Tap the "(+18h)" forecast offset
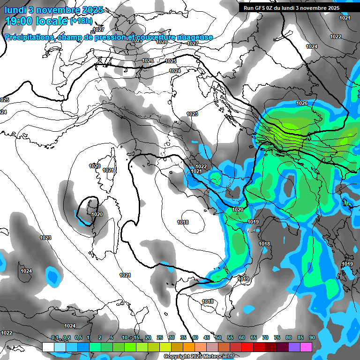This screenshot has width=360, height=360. [82, 21]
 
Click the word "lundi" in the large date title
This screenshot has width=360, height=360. [15, 9]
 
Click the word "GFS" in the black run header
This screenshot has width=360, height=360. [266, 7]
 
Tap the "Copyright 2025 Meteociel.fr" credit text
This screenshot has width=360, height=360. [198, 356]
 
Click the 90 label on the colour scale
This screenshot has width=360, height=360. [312, 337]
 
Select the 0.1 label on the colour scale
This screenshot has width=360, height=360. [55, 337]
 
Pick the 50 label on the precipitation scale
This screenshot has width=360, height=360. [218, 337]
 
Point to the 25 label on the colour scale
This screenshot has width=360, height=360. [160, 337]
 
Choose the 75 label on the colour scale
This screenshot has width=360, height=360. [277, 337]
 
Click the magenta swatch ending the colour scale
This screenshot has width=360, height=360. [306, 347]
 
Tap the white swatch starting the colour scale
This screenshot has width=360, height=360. [48, 347]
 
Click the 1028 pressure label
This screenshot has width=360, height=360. [162, 42]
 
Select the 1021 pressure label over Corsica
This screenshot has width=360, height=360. [108, 170]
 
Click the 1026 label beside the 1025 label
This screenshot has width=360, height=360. [148, 60]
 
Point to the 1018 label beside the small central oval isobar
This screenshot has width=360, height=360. [183, 222]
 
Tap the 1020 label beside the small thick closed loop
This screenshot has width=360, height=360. [97, 214]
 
